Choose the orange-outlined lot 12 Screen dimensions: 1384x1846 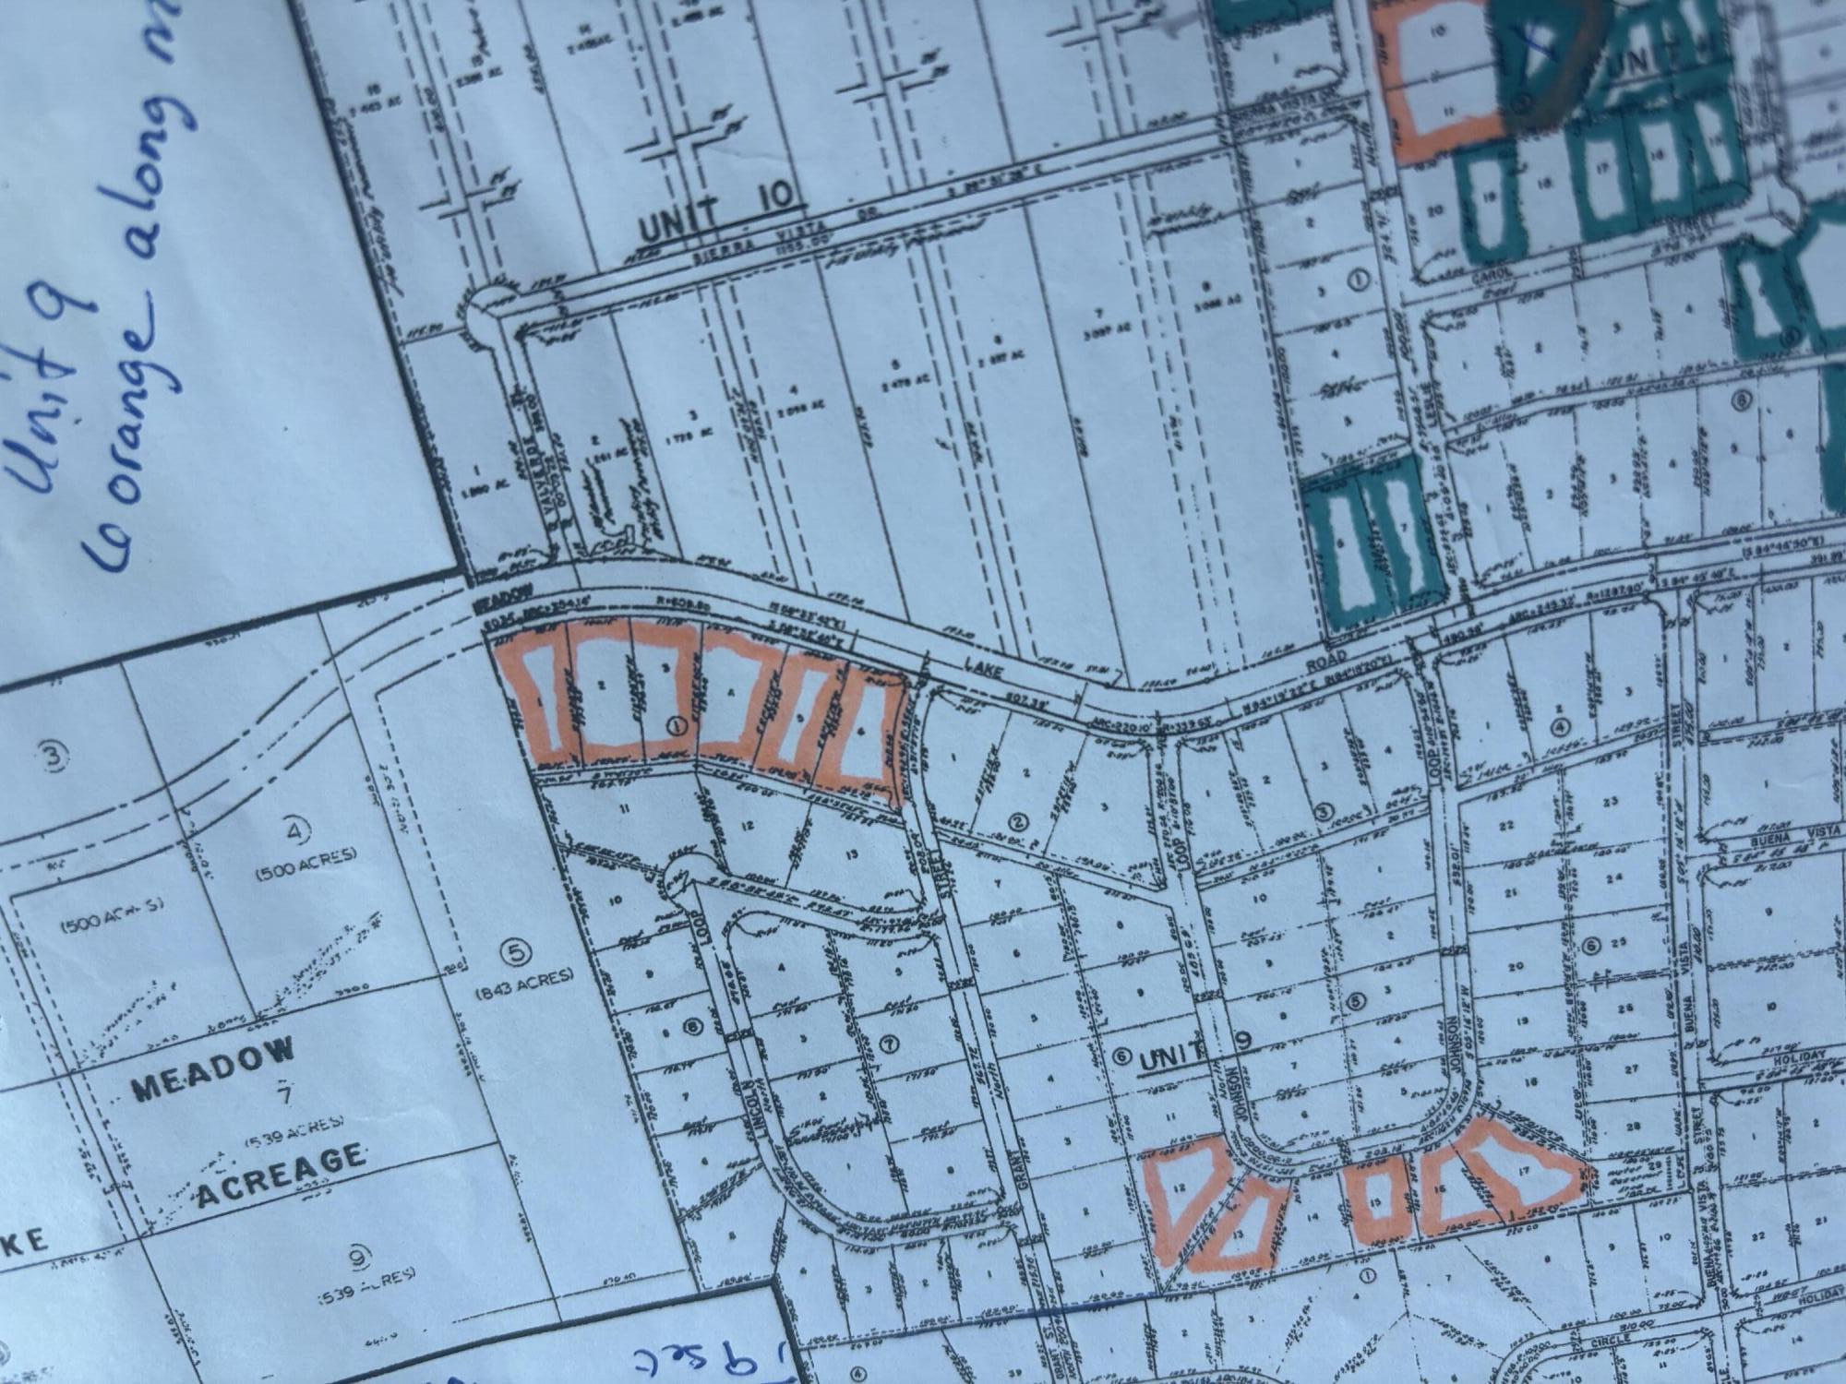[x=1182, y=1189]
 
